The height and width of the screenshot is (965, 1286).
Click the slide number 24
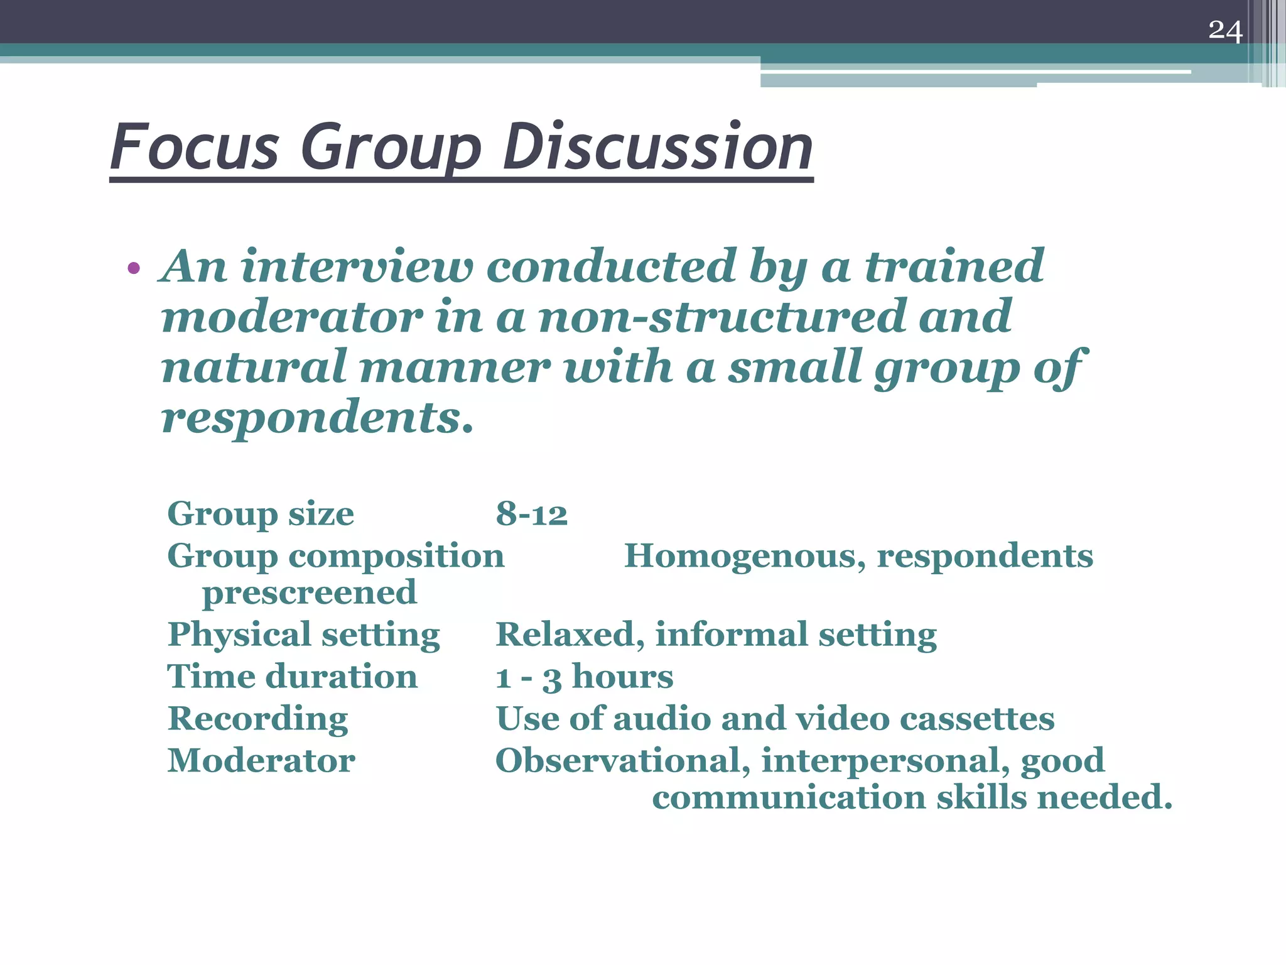pyautogui.click(x=1225, y=30)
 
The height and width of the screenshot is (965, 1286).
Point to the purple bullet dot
pyautogui.click(x=133, y=269)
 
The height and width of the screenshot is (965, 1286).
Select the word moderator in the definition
pyautogui.click(x=292, y=317)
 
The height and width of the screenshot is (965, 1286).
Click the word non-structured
pyautogui.click(x=721, y=317)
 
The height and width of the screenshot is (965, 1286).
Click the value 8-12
pyautogui.click(x=531, y=514)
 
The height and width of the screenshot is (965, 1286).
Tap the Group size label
pyautogui.click(x=261, y=514)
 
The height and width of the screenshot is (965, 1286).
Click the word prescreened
pyautogui.click(x=309, y=592)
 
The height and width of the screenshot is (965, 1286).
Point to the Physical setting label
pyautogui.click(x=304, y=635)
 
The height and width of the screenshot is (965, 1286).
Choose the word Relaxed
pyautogui.click(x=569, y=635)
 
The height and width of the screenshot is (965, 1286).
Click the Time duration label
pyautogui.click(x=292, y=677)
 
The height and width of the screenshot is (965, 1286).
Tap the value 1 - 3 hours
pyautogui.click(x=584, y=677)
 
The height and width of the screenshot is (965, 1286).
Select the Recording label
pyautogui.click(x=257, y=719)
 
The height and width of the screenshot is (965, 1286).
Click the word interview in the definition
pyautogui.click(x=356, y=266)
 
